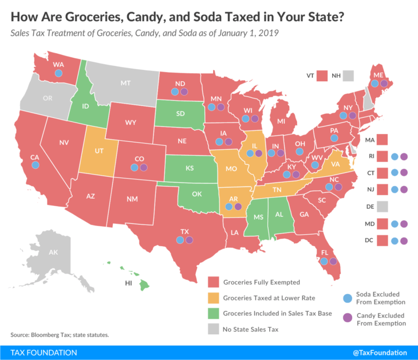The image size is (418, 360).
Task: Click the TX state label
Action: [x=184, y=232]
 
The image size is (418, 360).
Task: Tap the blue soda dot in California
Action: [x=35, y=165]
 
